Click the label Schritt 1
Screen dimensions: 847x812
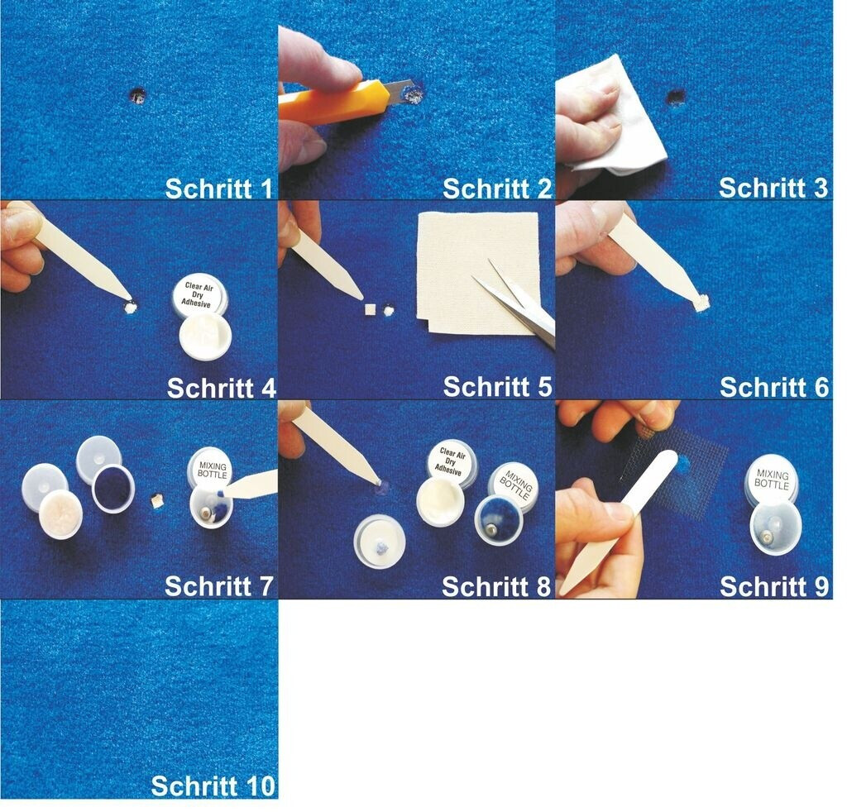click(x=218, y=189)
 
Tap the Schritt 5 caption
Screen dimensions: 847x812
click(x=497, y=387)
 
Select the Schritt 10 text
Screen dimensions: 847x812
click(x=213, y=786)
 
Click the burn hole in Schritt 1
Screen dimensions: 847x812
click(x=138, y=96)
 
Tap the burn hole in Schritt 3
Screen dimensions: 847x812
click(x=674, y=98)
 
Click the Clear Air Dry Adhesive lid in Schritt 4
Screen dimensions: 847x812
click(x=199, y=294)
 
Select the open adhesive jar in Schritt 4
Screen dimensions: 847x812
click(x=205, y=337)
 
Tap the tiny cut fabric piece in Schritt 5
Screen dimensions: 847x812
click(x=371, y=309)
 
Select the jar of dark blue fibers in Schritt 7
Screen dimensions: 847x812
click(x=112, y=489)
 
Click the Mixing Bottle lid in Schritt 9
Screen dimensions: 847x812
click(x=772, y=480)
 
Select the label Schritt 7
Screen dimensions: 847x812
click(x=218, y=586)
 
